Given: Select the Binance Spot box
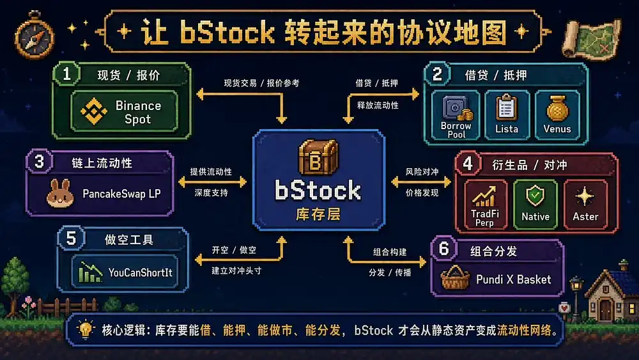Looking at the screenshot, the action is click(125, 111).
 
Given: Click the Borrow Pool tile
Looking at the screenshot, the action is click(456, 115).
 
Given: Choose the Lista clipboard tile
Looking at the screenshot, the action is click(507, 115).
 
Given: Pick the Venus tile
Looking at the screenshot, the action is click(557, 115).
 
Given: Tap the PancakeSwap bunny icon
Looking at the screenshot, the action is click(60, 194).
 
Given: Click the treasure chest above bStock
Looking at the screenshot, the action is click(318, 157).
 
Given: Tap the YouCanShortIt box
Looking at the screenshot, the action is click(125, 272).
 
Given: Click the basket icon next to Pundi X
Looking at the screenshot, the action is click(455, 278).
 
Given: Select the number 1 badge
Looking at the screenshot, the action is click(66, 74).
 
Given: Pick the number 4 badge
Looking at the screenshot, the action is click(468, 164).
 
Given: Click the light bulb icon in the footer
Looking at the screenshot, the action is click(85, 329).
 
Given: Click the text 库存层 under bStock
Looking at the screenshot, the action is click(318, 214).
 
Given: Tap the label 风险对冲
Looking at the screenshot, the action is click(422, 171).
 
